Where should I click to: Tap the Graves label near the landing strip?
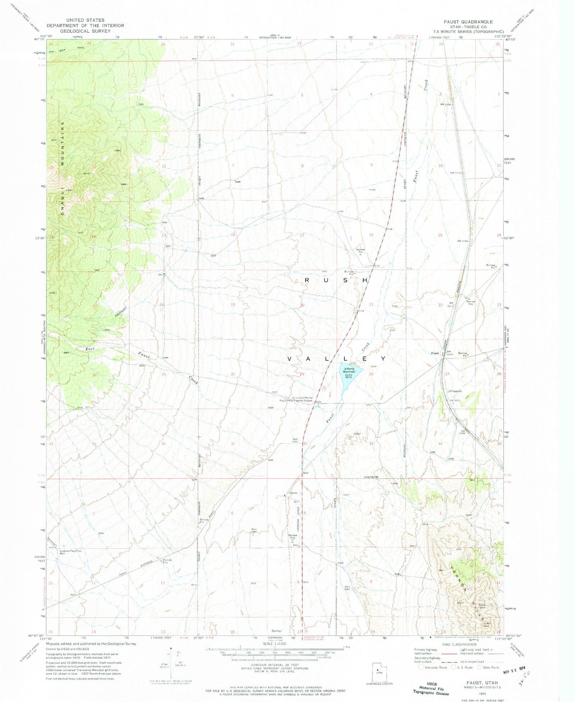point(293,493)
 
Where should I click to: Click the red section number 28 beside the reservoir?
point(371,374)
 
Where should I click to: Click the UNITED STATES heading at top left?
point(85,20)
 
